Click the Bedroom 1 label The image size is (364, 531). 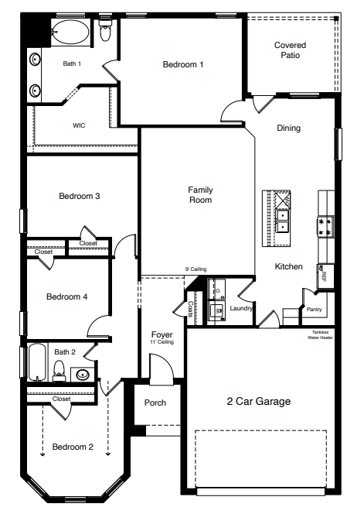point(182,65)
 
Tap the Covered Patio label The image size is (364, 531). point(290,50)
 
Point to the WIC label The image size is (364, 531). point(79,125)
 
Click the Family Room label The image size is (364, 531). point(200,195)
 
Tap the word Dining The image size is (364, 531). point(289,128)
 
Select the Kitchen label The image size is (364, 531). point(289,267)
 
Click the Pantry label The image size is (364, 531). point(314,310)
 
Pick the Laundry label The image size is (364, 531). point(242,308)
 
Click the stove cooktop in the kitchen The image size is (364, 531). point(325,226)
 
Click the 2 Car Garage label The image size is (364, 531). point(258,402)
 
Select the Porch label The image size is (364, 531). point(155,403)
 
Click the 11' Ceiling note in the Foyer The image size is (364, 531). point(162,341)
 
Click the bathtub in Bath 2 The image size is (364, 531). point(38,363)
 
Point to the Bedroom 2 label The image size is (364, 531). point(73,447)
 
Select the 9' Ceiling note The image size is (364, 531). point(195,269)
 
